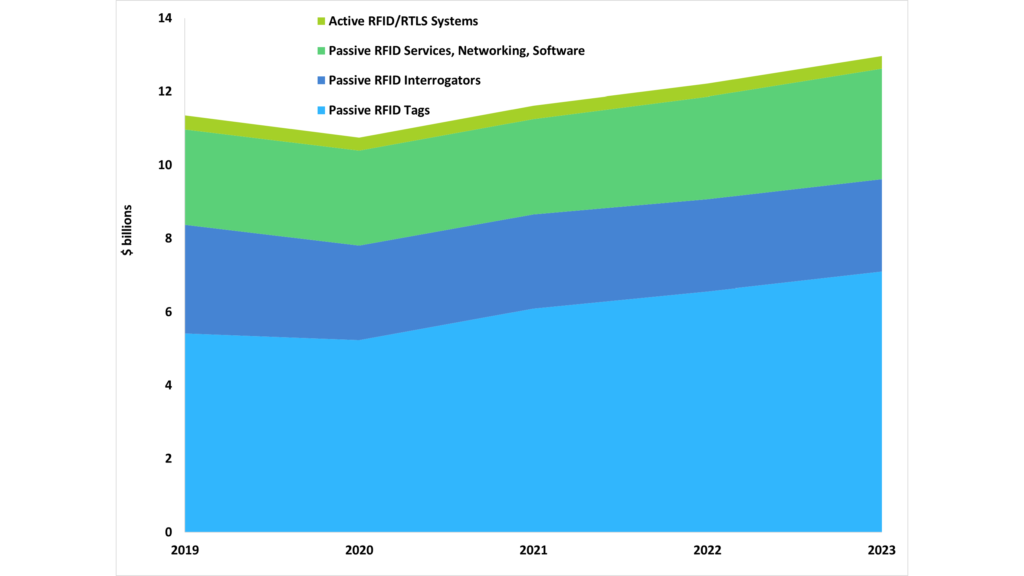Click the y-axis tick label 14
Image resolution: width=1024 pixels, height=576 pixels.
(x=165, y=18)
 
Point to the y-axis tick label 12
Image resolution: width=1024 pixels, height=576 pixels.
(x=165, y=92)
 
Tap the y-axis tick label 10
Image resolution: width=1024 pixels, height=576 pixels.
(x=165, y=165)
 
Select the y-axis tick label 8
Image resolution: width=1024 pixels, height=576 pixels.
(x=168, y=238)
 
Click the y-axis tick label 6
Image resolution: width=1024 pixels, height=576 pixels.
(x=168, y=312)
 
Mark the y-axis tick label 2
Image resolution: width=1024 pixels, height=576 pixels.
(x=168, y=458)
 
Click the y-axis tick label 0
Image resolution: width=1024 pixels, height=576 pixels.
(x=168, y=532)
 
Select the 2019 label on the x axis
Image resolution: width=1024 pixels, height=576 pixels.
(x=185, y=550)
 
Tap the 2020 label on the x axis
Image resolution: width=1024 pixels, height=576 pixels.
(x=359, y=550)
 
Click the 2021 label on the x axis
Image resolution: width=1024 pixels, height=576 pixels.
(x=534, y=550)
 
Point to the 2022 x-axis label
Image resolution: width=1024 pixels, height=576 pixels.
(x=708, y=550)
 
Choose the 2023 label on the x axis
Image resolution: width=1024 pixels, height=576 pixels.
(x=882, y=550)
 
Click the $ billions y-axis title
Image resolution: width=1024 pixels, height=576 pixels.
(x=127, y=230)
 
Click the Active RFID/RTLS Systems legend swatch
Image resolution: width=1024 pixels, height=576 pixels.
(x=321, y=21)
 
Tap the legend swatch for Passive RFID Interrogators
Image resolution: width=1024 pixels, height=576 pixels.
(x=321, y=80)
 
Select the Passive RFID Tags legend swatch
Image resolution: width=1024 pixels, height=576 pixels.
(x=321, y=110)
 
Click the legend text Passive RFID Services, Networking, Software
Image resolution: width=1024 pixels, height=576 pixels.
(x=456, y=51)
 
